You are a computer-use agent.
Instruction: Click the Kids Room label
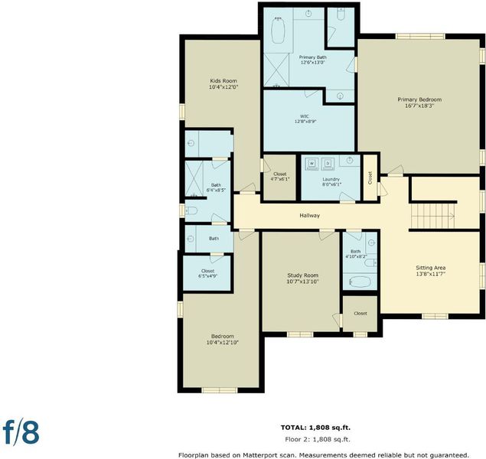[223, 81]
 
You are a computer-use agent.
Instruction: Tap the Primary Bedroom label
[419, 99]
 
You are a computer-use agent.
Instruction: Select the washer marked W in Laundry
[311, 164]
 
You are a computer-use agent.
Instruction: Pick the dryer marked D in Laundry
[328, 164]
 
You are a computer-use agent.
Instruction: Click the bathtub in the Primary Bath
[278, 31]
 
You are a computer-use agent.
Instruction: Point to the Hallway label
[310, 215]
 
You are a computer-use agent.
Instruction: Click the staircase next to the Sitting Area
[432, 216]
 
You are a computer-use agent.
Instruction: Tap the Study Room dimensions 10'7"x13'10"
[302, 282]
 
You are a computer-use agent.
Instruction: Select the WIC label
[305, 116]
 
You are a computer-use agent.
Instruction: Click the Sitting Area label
[431, 268]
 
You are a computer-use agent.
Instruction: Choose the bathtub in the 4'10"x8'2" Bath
[360, 282]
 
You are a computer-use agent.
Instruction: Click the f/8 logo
[21, 433]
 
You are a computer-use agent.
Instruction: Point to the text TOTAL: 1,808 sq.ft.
[315, 428]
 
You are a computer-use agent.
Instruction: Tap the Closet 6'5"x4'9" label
[207, 273]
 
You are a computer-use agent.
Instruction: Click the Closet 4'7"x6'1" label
[280, 177]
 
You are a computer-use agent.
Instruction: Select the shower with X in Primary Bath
[276, 70]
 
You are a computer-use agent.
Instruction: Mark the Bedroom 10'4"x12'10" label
[222, 340]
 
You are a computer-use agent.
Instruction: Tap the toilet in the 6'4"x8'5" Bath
[191, 210]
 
